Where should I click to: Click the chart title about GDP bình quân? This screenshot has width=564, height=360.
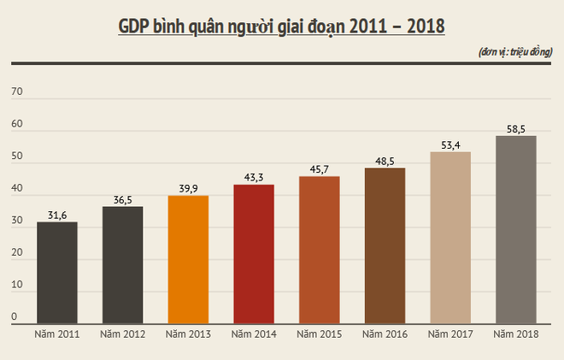(281, 26)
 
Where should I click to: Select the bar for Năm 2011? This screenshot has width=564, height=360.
(57, 272)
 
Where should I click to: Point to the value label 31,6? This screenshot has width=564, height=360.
(57, 215)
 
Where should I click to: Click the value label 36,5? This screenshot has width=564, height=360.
(123, 199)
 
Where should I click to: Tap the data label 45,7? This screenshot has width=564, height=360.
(320, 169)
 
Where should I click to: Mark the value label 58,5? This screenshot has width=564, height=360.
(516, 128)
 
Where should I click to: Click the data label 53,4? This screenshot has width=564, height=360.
(450, 145)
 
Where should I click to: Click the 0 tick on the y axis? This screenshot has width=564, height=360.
(15, 317)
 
